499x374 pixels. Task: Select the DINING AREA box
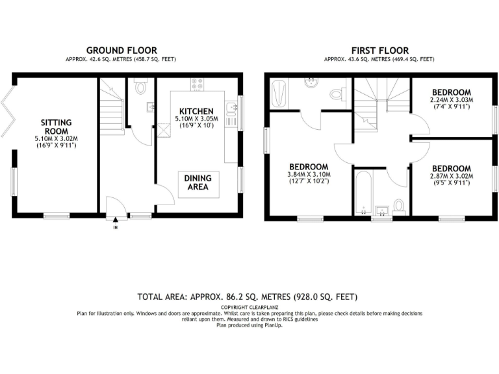198,182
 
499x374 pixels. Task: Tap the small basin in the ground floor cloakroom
151,107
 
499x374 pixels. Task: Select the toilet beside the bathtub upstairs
399,206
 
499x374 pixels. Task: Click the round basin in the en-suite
311,84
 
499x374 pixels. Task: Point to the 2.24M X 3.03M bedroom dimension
452,100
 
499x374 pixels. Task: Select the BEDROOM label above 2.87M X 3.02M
452,168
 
